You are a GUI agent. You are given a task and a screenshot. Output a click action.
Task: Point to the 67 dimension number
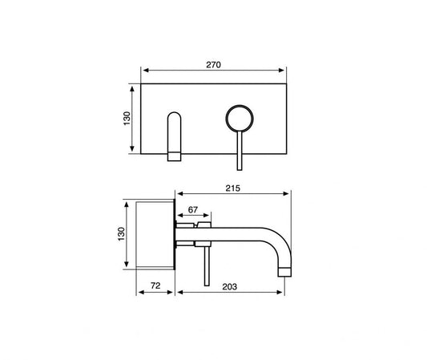point(192,210)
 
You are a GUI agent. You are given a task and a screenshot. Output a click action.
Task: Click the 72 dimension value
point(156,285)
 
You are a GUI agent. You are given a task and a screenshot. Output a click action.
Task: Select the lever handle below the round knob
point(238,152)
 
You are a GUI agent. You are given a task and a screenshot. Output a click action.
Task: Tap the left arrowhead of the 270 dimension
point(144,71)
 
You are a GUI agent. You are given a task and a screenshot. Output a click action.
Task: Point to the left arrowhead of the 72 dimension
point(142,292)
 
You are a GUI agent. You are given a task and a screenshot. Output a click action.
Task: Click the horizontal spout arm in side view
point(240,232)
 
